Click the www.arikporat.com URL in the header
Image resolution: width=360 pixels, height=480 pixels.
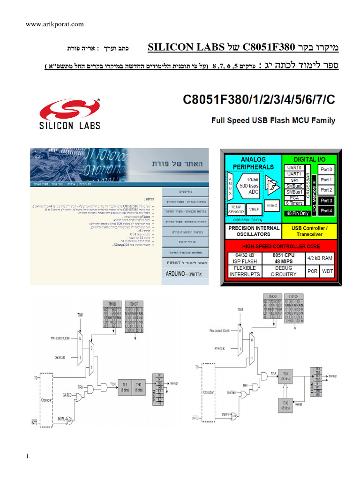[x=54, y=24]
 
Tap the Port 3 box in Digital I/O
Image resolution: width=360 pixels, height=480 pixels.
[x=326, y=201]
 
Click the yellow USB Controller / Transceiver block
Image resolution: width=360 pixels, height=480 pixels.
[x=310, y=231]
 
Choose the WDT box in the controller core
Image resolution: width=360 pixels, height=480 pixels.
[x=326, y=271]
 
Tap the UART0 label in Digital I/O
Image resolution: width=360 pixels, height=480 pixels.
[x=295, y=167]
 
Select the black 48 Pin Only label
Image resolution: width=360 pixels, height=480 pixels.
[x=297, y=213]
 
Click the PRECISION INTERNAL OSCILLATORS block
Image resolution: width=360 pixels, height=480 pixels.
[x=254, y=231]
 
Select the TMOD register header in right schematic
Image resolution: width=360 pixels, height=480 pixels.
[x=272, y=297]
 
